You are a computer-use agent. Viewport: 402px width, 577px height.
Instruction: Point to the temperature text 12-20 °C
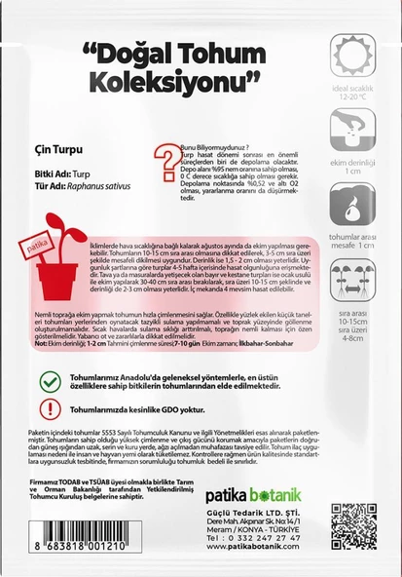click(353, 97)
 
